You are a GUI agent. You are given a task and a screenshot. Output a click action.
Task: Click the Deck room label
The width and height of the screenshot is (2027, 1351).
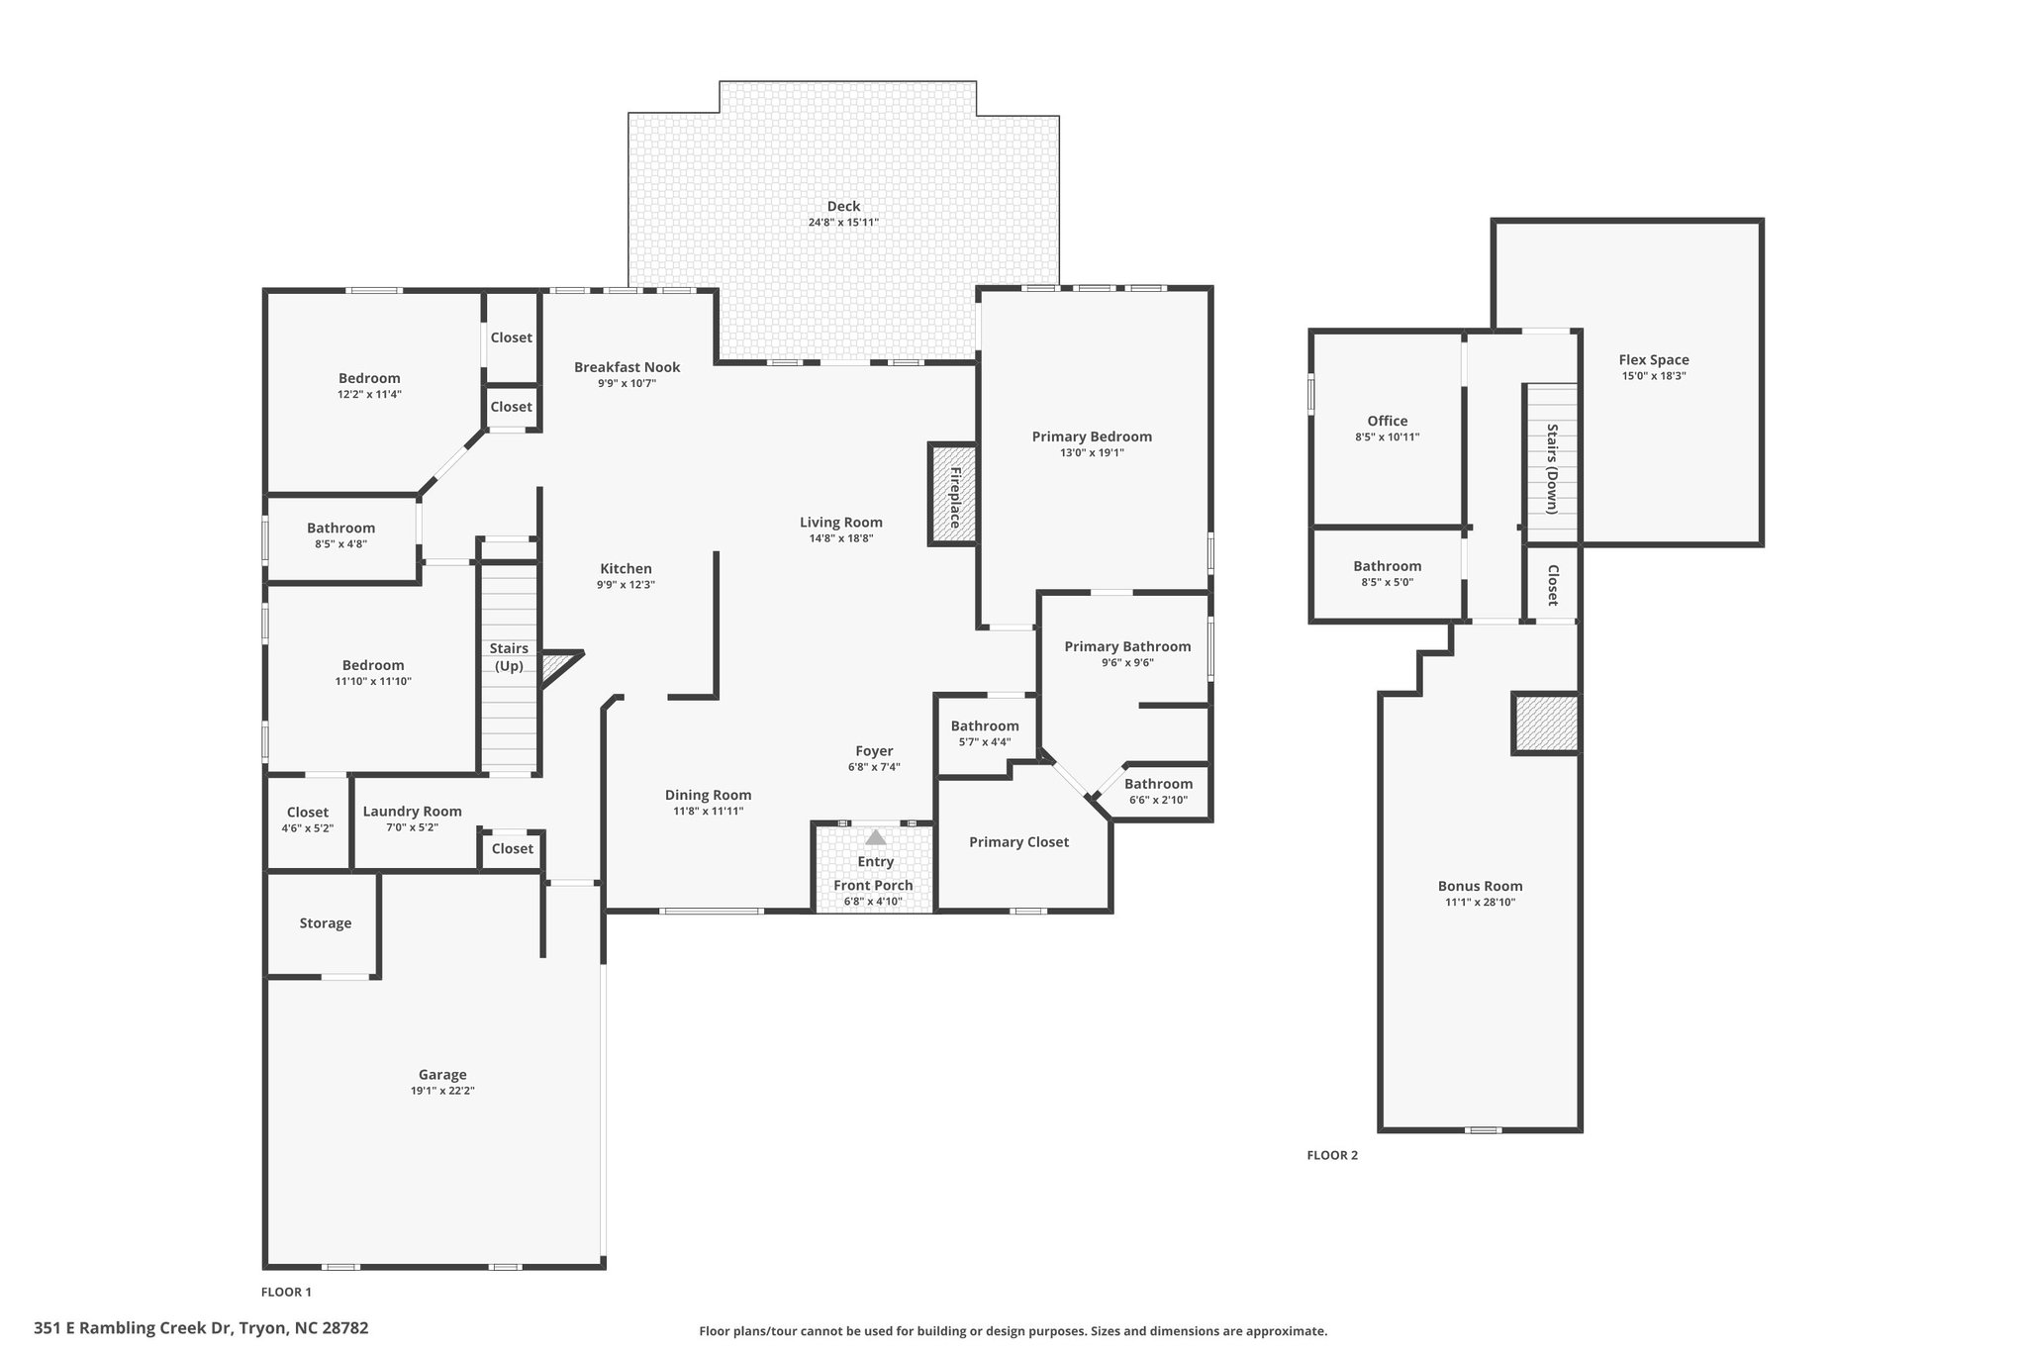pos(843,206)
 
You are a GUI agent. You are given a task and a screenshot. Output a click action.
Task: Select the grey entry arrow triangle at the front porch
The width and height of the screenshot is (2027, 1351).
pos(876,836)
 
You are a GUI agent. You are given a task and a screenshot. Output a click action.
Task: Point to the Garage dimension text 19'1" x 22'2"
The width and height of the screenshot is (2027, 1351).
pos(442,1091)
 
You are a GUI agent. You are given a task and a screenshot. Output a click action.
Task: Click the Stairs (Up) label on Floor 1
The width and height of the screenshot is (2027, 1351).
pos(509,657)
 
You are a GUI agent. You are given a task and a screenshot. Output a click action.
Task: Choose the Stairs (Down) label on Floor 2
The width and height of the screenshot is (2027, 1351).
pos(1552,468)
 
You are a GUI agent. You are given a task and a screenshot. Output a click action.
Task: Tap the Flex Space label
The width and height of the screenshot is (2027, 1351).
pos(1654,360)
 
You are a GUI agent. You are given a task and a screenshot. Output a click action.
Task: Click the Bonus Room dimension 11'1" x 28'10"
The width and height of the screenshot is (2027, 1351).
pos(1481,903)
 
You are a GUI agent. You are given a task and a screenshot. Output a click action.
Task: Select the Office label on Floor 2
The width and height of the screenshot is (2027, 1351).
pos(1388,421)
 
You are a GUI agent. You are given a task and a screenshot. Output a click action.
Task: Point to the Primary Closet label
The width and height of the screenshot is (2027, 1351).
pos(1018,842)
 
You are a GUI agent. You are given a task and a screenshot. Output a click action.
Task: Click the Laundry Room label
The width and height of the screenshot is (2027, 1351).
pos(412,812)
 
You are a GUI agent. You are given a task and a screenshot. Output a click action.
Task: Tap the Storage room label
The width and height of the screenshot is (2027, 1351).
pos(326,923)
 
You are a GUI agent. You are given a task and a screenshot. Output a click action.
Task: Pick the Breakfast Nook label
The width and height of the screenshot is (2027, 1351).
pos(627,367)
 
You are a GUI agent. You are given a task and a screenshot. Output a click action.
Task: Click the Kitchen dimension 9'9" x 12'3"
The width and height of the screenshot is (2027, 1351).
pos(626,585)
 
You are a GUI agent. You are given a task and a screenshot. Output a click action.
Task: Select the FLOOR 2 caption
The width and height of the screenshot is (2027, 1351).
pos(1332,1155)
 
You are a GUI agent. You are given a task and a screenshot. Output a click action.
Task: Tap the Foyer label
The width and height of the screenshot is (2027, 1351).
pos(874,751)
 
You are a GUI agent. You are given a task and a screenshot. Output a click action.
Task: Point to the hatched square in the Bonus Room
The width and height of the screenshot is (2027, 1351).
pos(1545,724)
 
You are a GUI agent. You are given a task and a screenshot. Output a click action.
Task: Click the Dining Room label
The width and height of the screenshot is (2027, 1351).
pos(708,795)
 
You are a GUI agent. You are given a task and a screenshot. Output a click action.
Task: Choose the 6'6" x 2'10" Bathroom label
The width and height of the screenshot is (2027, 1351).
pos(1158,784)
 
